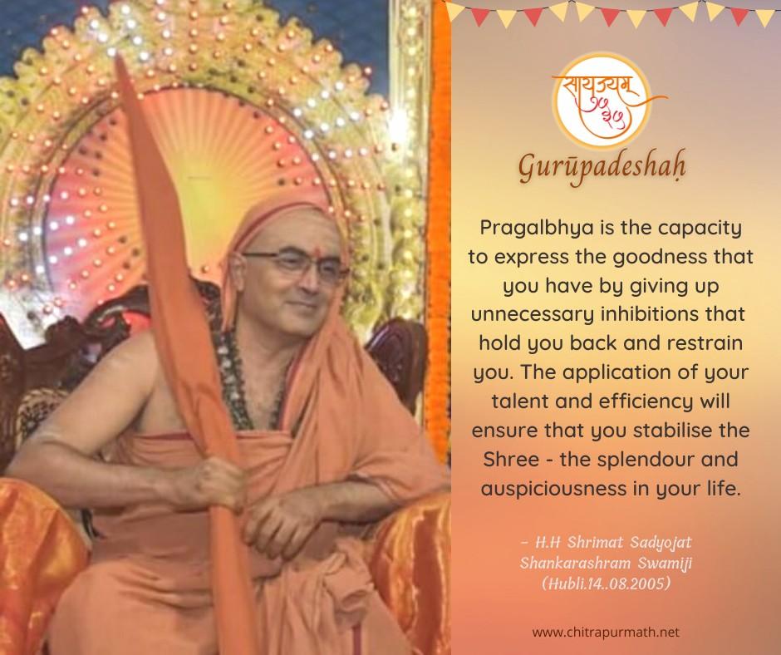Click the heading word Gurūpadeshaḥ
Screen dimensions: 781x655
(602, 167)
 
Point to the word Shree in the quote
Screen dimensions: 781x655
(510, 459)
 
